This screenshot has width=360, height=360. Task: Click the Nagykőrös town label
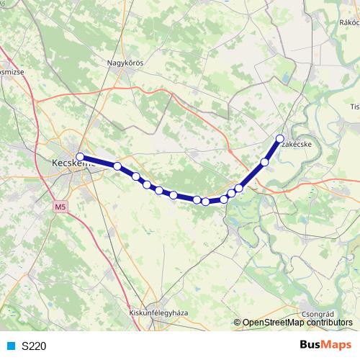126,63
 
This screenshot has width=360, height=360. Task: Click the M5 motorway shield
59,207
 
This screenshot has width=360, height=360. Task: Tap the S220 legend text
34,346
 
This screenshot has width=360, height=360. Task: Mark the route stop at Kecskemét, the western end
80,157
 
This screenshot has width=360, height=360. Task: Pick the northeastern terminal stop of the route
280,138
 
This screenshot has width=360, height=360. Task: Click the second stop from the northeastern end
265,162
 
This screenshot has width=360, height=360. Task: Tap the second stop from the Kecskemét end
117,166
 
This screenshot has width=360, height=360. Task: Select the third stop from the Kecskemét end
135,176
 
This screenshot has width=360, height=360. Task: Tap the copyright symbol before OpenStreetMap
237,323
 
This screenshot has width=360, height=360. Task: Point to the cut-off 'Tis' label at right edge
354,107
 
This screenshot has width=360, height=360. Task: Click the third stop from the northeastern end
239,188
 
